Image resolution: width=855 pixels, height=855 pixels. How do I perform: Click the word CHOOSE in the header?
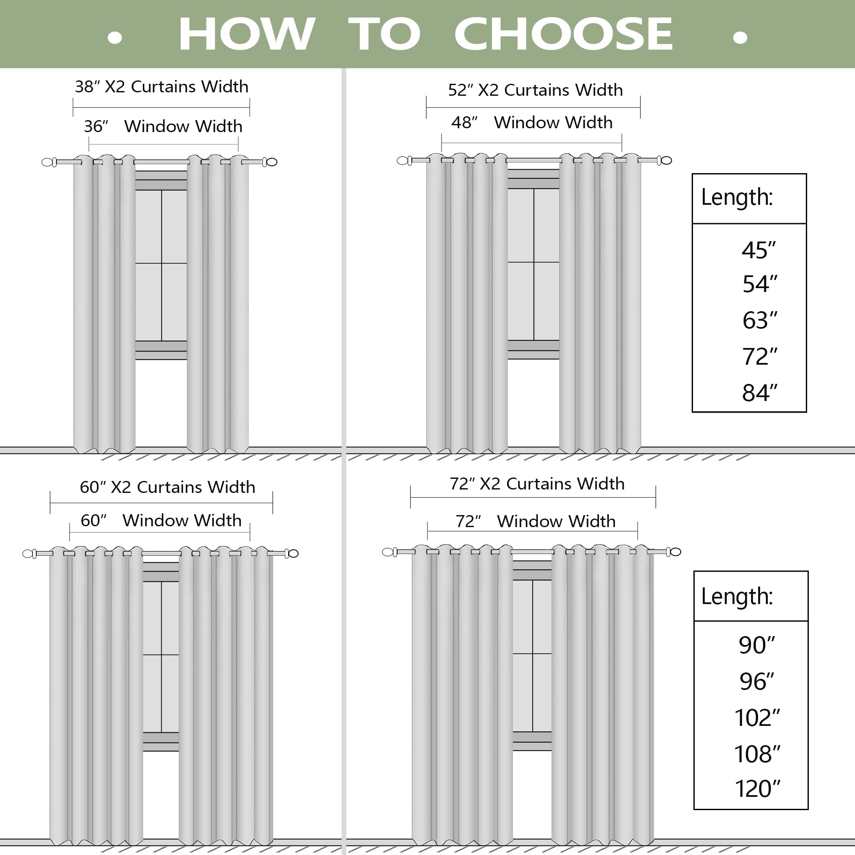[x=563, y=34]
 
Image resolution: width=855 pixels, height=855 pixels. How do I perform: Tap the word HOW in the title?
[x=247, y=34]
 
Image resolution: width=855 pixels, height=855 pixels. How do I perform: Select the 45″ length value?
[x=758, y=251]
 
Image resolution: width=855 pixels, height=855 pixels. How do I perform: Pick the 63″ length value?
[x=759, y=320]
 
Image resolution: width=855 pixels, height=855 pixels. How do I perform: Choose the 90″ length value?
[x=757, y=645]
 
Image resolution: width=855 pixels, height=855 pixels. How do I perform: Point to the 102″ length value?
[x=757, y=718]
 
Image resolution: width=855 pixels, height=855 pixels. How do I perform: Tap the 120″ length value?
[x=757, y=789]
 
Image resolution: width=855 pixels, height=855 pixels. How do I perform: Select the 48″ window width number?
[x=464, y=123]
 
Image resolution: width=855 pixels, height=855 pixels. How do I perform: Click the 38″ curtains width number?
[x=87, y=87]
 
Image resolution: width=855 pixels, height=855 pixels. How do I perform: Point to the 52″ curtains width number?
[x=461, y=90]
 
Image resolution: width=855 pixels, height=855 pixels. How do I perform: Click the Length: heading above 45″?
[x=737, y=198]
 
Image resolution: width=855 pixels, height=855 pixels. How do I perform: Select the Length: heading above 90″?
[x=737, y=596]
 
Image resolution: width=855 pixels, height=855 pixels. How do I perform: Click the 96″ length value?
[x=757, y=681]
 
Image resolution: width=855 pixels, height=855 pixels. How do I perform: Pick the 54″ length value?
[x=759, y=284]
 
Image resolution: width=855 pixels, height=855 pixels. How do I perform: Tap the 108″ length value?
[x=757, y=754]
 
